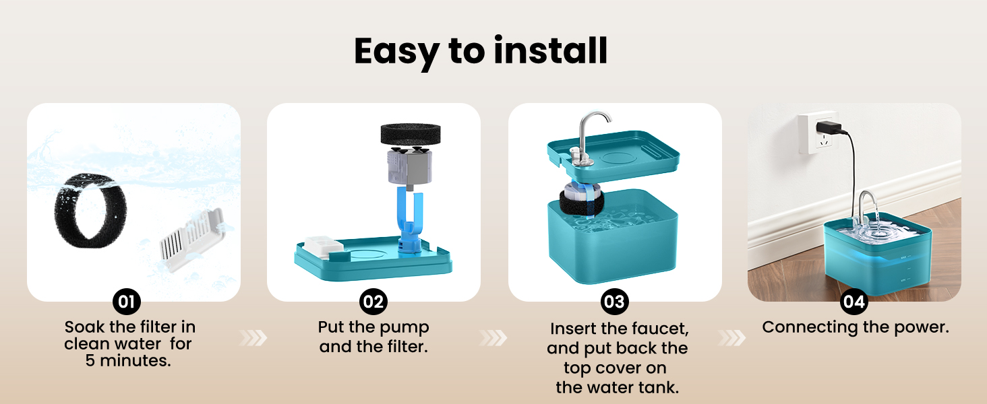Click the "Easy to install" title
(481, 52)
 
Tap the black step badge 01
(127, 302)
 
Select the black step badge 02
(373, 302)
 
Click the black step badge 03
(615, 302)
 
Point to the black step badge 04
(854, 302)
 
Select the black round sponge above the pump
(410, 133)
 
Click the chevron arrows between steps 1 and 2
(253, 338)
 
